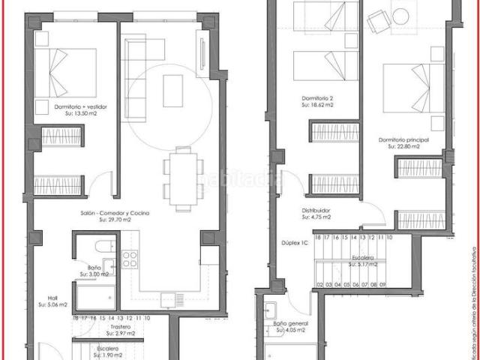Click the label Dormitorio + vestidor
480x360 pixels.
81,107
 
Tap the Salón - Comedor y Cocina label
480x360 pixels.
115,214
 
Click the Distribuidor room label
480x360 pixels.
316,211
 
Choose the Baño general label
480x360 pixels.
290,323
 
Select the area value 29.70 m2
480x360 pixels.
117,220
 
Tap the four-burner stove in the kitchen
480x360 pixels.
130,259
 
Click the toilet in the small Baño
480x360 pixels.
100,246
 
